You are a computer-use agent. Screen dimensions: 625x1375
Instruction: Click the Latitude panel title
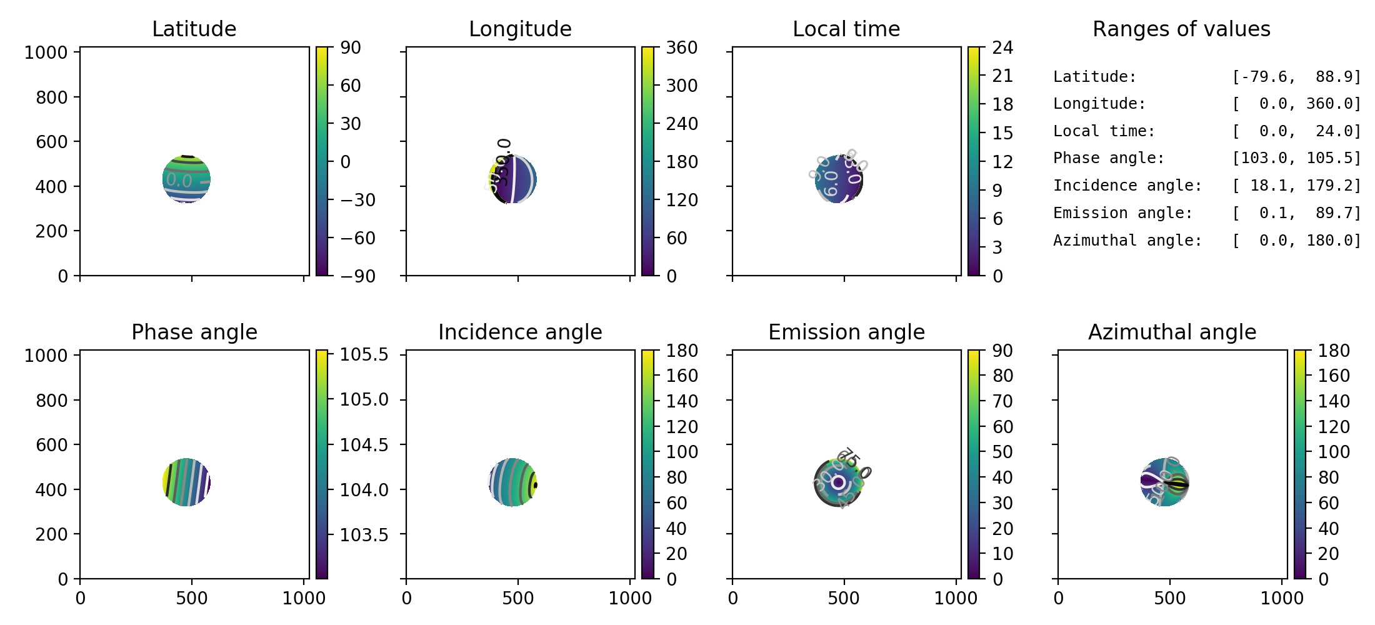[x=194, y=29]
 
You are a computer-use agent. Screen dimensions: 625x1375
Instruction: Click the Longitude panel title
[x=520, y=29]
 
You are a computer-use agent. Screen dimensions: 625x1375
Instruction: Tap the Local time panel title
[x=846, y=29]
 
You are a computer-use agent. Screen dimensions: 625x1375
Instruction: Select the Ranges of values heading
[x=1181, y=29]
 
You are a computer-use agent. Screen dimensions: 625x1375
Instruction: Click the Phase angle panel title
[x=194, y=332]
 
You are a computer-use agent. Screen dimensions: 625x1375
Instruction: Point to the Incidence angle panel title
[x=520, y=332]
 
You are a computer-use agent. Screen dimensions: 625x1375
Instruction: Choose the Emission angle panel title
[x=846, y=332]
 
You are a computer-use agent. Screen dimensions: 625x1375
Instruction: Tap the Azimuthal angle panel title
[x=1172, y=332]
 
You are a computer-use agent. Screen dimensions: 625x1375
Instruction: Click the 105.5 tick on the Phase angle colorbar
[x=364, y=354]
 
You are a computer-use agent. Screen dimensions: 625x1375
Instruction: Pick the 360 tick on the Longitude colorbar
[x=681, y=47]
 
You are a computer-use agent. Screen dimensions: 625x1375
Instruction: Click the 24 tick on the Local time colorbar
[x=1002, y=47]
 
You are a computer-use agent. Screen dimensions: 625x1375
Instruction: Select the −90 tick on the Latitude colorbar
[x=357, y=276]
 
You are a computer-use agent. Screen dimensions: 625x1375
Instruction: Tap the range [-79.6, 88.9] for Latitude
[x=1296, y=77]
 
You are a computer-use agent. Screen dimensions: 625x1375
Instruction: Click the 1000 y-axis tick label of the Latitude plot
[x=46, y=52]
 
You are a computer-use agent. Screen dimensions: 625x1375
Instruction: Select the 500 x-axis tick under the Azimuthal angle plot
[x=1170, y=598]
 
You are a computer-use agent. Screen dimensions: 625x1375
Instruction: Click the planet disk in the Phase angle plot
[x=186, y=482]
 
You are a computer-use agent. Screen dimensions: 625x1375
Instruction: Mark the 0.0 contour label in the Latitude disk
[x=179, y=181]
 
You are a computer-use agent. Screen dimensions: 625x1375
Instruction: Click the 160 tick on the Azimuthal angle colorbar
[x=1334, y=376]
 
